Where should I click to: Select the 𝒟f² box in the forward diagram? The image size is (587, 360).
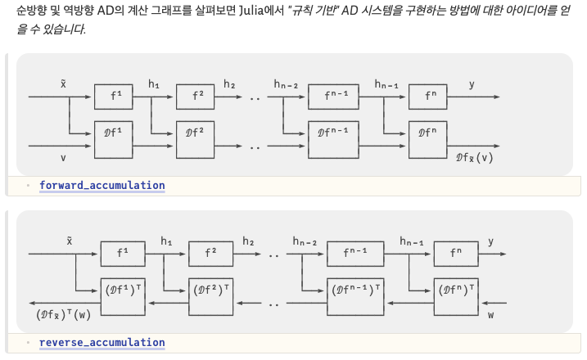tap(196, 132)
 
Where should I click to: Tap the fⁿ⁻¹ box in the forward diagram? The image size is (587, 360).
tap(335, 96)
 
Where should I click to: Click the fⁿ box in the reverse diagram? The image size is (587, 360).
tap(456, 254)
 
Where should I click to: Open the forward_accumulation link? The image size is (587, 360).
tap(102, 186)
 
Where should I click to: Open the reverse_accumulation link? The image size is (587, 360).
tap(102, 343)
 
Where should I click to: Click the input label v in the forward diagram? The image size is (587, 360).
tap(63, 156)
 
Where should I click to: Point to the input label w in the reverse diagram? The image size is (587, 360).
tap(491, 313)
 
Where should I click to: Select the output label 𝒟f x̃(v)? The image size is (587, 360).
tap(474, 156)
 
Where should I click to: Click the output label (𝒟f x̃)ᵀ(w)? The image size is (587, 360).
tap(64, 314)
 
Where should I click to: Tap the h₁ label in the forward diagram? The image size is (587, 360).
tap(154, 83)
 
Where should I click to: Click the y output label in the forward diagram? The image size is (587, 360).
tap(472, 83)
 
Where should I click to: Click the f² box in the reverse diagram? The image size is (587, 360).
tap(210, 254)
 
